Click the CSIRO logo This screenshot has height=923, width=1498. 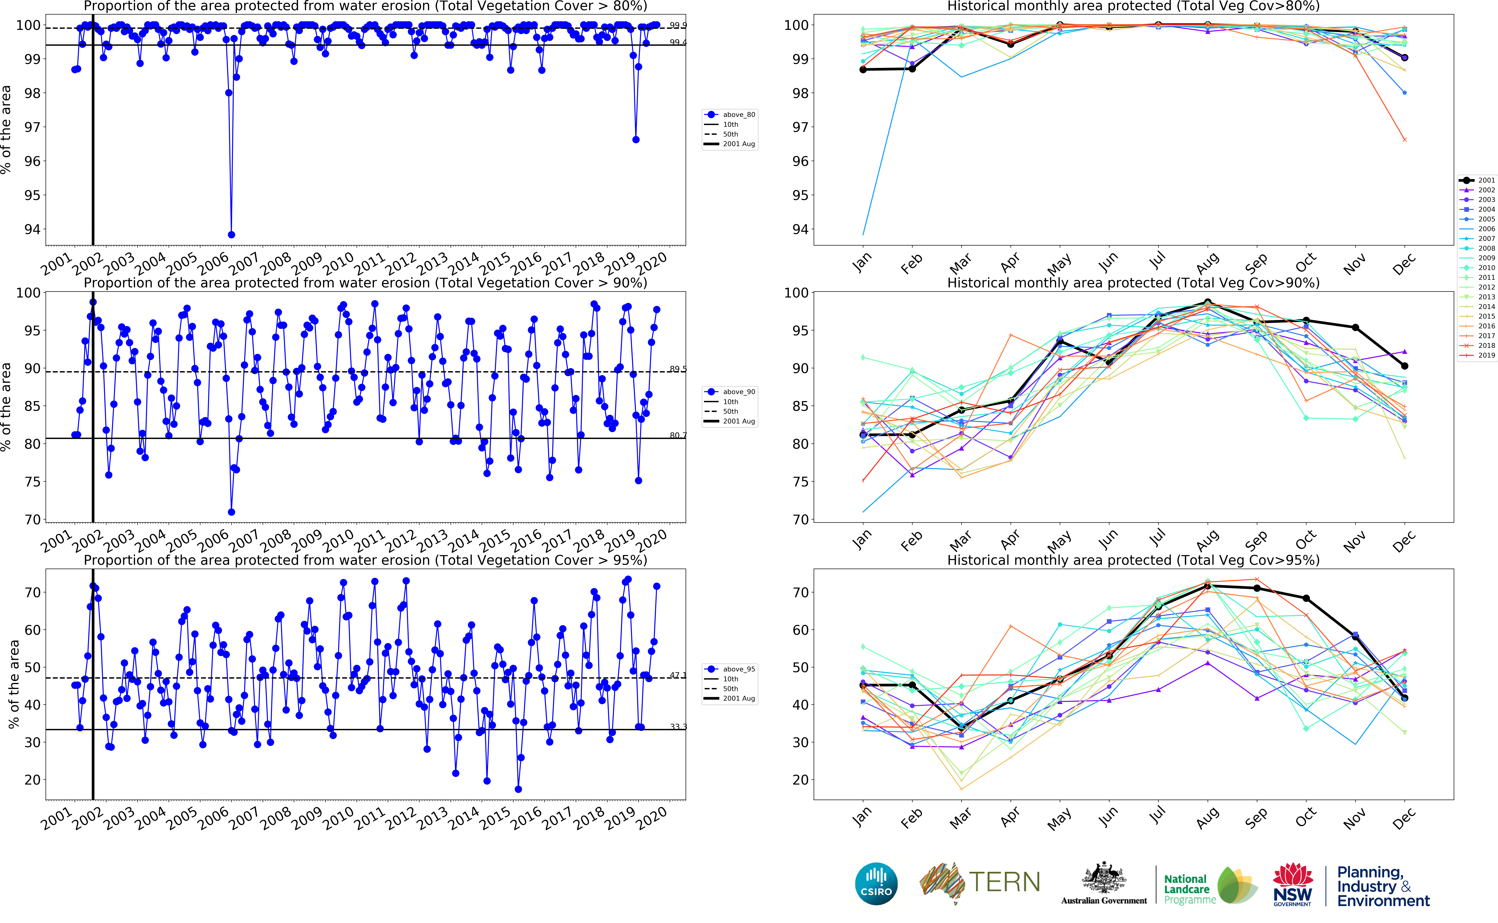(876, 884)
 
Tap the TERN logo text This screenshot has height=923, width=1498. (1004, 882)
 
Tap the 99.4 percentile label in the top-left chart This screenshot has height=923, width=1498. (677, 42)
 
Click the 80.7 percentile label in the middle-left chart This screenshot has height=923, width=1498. (677, 435)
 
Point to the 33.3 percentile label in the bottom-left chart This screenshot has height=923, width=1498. (677, 726)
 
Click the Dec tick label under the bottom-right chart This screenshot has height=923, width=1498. (1403, 818)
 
